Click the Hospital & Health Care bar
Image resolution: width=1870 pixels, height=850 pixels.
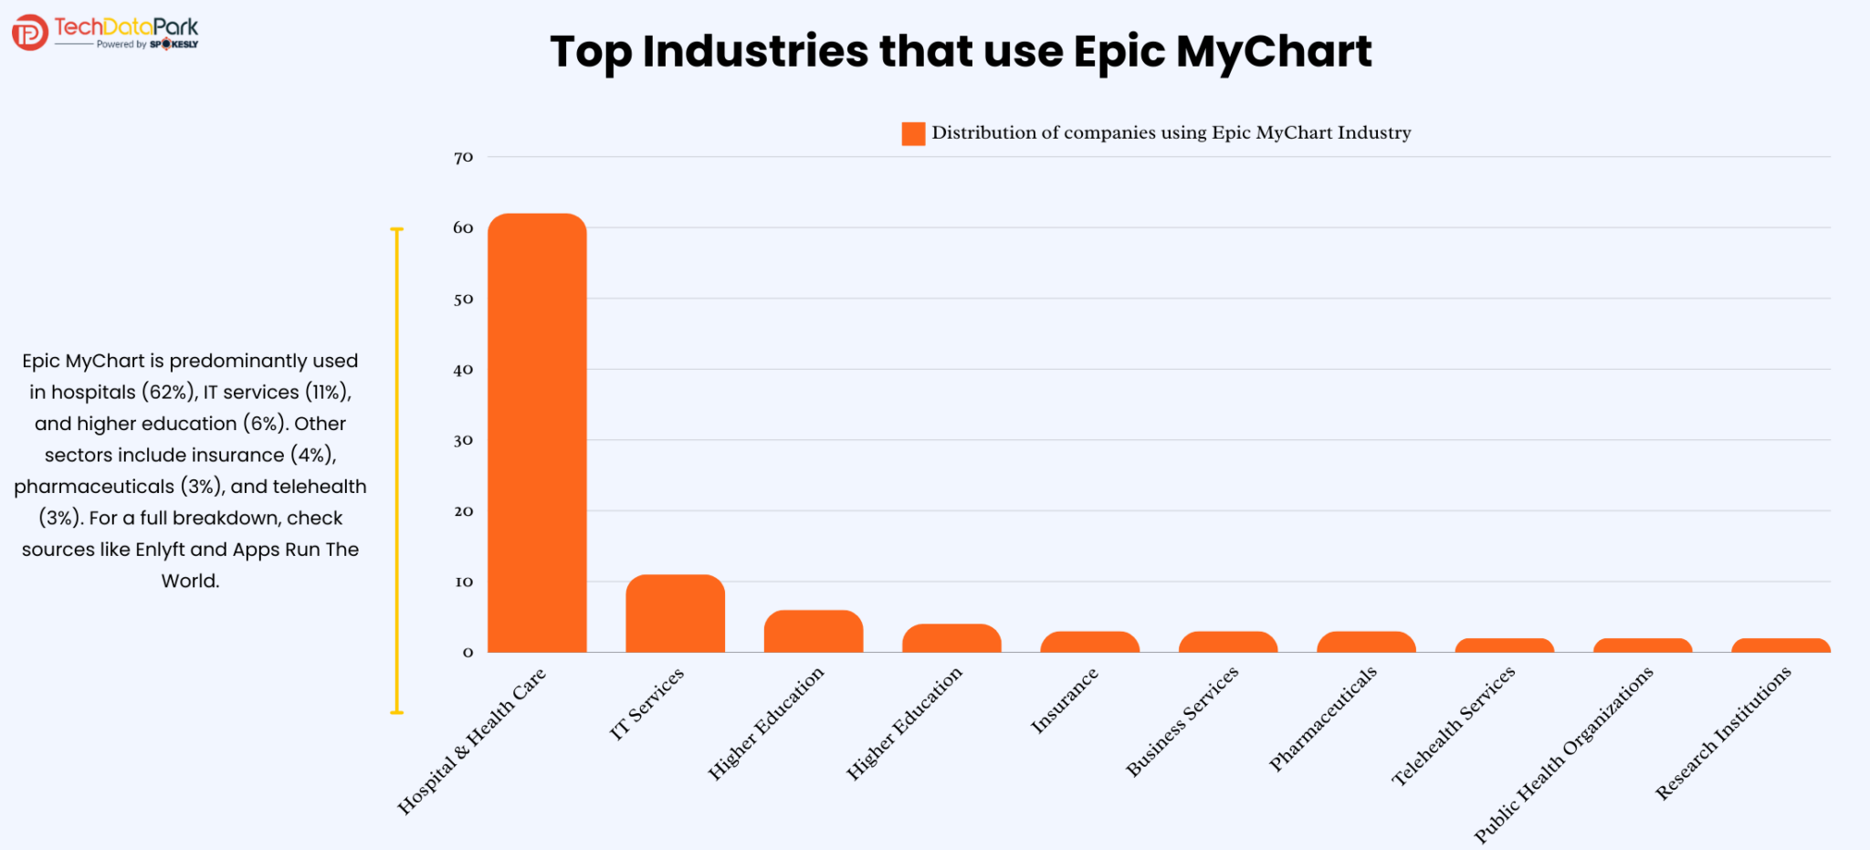coord(537,433)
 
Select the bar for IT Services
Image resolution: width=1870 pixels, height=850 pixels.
coord(675,614)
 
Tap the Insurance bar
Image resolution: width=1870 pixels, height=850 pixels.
coord(1089,642)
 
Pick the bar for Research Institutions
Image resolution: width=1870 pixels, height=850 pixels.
coord(1781,645)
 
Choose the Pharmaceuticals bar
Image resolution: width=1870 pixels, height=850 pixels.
coord(1366,642)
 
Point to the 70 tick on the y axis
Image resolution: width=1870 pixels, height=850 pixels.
coord(464,157)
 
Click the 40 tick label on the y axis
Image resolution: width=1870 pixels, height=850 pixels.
coord(464,370)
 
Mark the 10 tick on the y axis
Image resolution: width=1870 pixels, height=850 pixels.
coord(464,582)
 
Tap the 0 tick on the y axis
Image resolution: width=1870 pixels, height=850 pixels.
coord(467,652)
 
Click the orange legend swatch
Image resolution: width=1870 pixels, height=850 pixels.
coord(913,133)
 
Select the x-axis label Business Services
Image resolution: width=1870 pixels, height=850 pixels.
coord(1182,720)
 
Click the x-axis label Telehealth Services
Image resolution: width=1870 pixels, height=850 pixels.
coord(1453,726)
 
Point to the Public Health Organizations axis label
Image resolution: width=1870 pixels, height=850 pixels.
coord(1563,754)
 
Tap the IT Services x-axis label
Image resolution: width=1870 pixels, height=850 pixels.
coord(646,703)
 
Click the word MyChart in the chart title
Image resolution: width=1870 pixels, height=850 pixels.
coord(1274,52)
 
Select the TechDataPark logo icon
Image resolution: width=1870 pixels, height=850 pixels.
coord(29,33)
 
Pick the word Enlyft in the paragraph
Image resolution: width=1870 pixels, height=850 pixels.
coord(160,550)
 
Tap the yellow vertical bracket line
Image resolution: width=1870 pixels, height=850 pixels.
coord(396,470)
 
